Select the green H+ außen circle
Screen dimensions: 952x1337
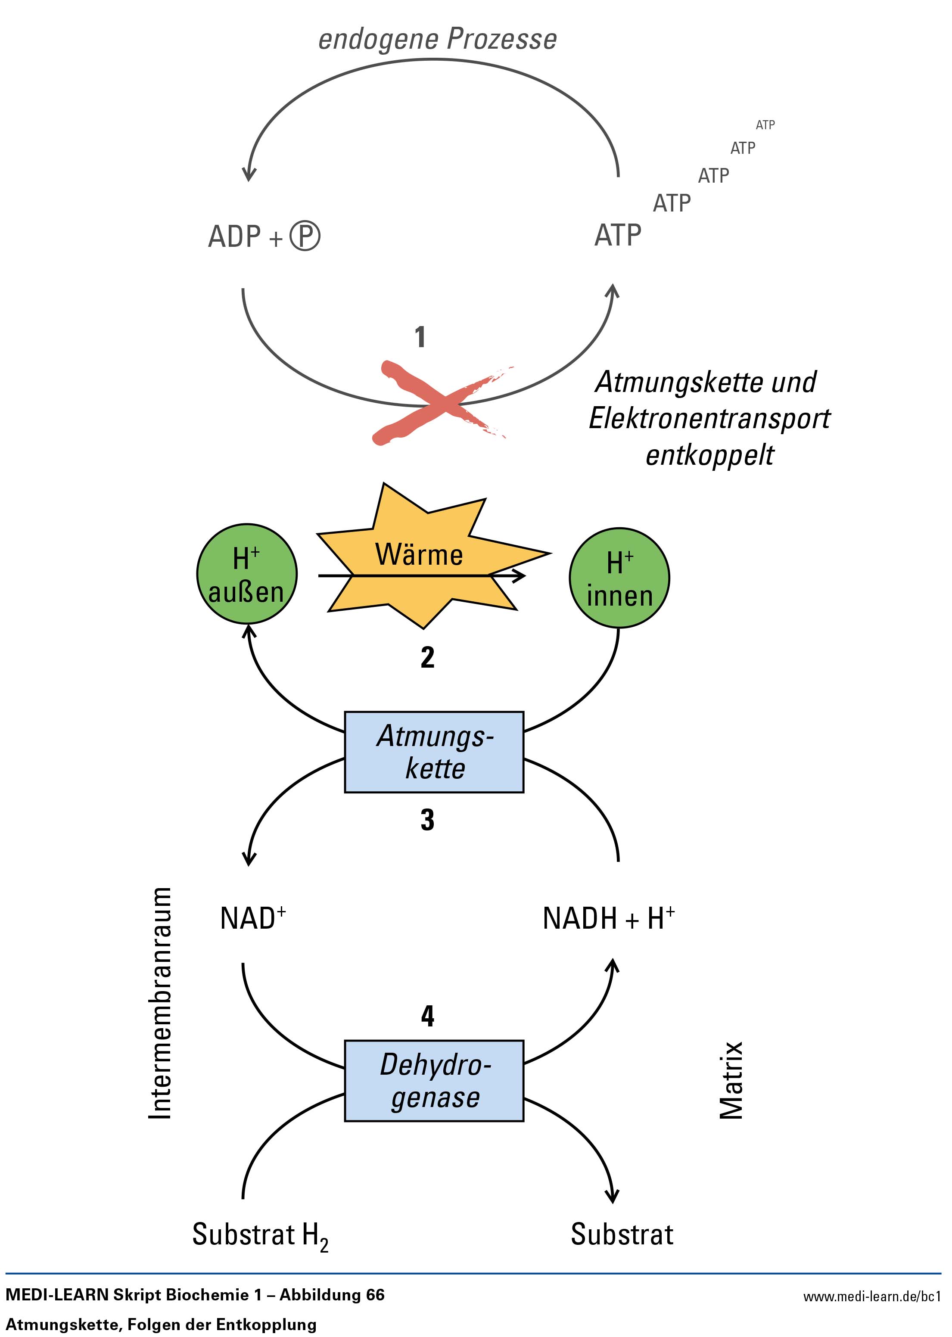coord(247,574)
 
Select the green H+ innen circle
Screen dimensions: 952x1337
coord(619,578)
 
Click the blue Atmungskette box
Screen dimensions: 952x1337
coord(434,752)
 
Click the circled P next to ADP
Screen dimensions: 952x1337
coord(305,236)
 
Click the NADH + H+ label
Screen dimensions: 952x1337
coord(609,918)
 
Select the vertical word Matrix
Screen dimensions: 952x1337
coord(731,1080)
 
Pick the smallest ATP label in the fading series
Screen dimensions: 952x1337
coord(765,125)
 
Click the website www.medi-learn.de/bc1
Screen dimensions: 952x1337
coord(872,1296)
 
